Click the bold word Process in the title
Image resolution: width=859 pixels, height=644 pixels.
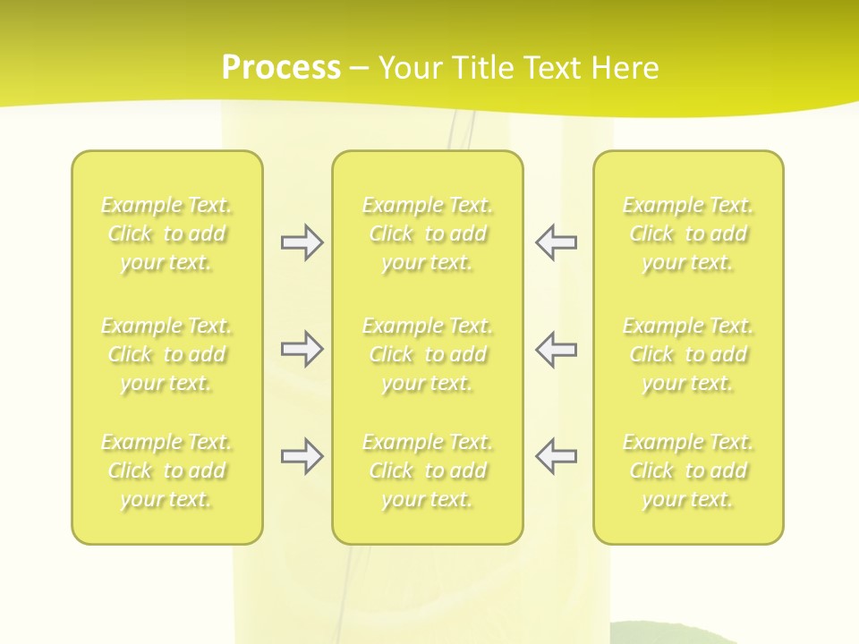pyautogui.click(x=281, y=68)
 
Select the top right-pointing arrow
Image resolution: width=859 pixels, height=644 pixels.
pyautogui.click(x=302, y=242)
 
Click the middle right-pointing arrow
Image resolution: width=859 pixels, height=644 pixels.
pyautogui.click(x=302, y=349)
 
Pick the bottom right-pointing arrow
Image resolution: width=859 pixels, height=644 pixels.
pyautogui.click(x=302, y=456)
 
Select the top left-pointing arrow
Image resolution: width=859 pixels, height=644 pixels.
pyautogui.click(x=556, y=242)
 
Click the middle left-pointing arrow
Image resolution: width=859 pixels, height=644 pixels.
pyautogui.click(x=556, y=349)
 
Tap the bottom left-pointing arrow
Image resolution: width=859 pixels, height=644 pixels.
pyautogui.click(x=556, y=456)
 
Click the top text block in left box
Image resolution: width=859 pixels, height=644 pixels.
pyautogui.click(x=166, y=233)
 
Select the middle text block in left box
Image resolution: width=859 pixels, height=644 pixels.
pyautogui.click(x=166, y=354)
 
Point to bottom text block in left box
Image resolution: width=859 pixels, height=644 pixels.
pyautogui.click(x=166, y=470)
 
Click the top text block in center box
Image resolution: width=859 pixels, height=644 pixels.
pyautogui.click(x=428, y=233)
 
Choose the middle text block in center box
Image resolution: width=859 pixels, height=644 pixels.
pyautogui.click(x=428, y=354)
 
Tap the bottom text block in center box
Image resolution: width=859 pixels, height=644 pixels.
pyautogui.click(x=428, y=470)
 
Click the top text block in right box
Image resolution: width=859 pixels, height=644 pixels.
pyautogui.click(x=688, y=233)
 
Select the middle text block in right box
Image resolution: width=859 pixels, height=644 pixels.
pyautogui.click(x=688, y=354)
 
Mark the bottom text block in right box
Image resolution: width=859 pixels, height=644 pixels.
pyautogui.click(x=688, y=470)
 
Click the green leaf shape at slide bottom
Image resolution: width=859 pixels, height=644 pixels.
pyautogui.click(x=680, y=634)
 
